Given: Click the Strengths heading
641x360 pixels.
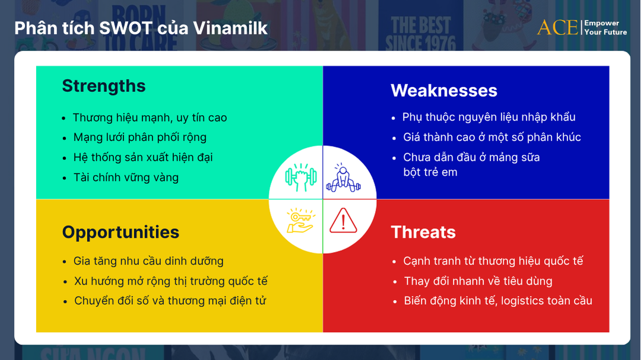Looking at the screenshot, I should (x=104, y=86).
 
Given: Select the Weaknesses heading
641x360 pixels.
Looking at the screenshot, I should (x=443, y=91).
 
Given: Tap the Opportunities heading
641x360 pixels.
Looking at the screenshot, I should (x=120, y=232).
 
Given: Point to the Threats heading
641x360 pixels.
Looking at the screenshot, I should (x=423, y=232).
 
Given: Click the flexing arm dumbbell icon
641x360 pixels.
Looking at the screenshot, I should (x=297, y=176).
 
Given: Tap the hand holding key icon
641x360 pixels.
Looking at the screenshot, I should (x=300, y=220).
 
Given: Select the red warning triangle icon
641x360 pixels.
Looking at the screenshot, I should (x=343, y=221).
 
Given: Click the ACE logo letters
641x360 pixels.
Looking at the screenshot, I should (x=557, y=27).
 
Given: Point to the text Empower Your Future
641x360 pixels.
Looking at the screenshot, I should (x=605, y=27).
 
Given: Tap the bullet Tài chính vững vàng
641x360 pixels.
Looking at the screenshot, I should (x=126, y=177).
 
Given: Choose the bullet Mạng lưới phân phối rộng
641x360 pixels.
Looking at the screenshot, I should (x=139, y=137).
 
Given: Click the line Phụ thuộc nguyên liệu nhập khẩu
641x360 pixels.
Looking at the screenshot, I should (x=488, y=117).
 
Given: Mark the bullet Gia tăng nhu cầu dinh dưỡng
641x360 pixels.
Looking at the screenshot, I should (x=148, y=261).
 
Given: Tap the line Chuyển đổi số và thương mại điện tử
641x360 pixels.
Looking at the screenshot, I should (x=170, y=301).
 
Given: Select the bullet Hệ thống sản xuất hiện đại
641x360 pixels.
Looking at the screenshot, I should (x=142, y=157).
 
